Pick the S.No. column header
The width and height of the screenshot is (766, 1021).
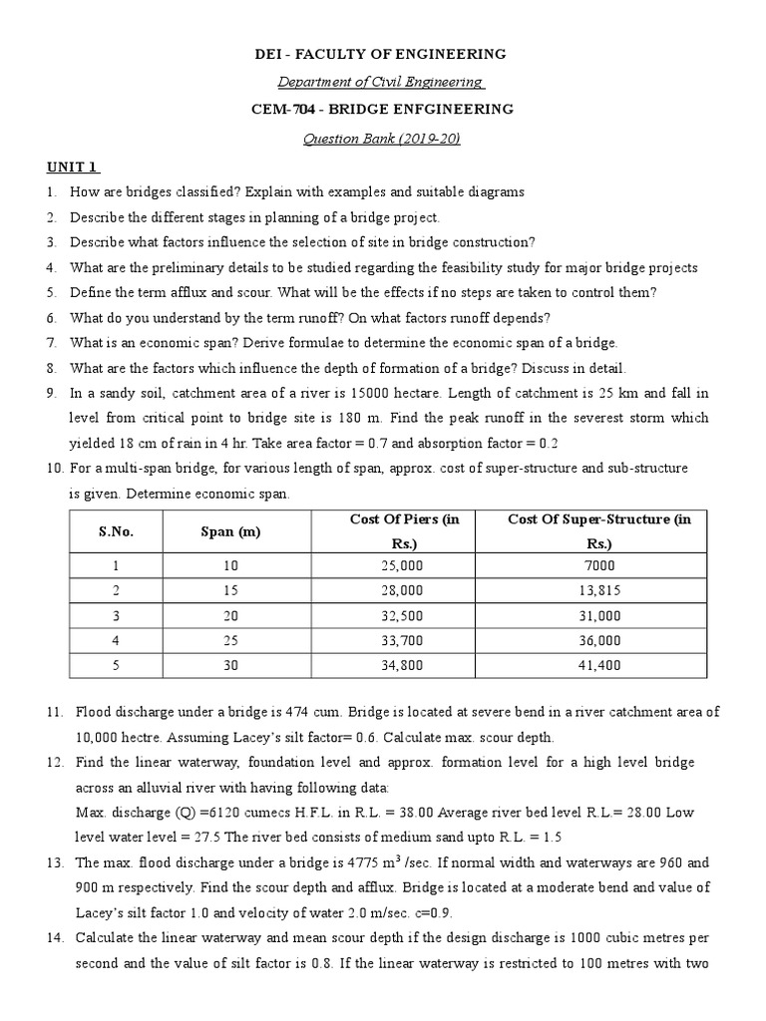(x=116, y=531)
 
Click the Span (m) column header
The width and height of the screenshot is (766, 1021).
(x=229, y=531)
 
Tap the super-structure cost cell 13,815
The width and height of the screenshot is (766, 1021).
(x=598, y=589)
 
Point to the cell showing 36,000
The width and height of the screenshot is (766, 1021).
(x=598, y=641)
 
